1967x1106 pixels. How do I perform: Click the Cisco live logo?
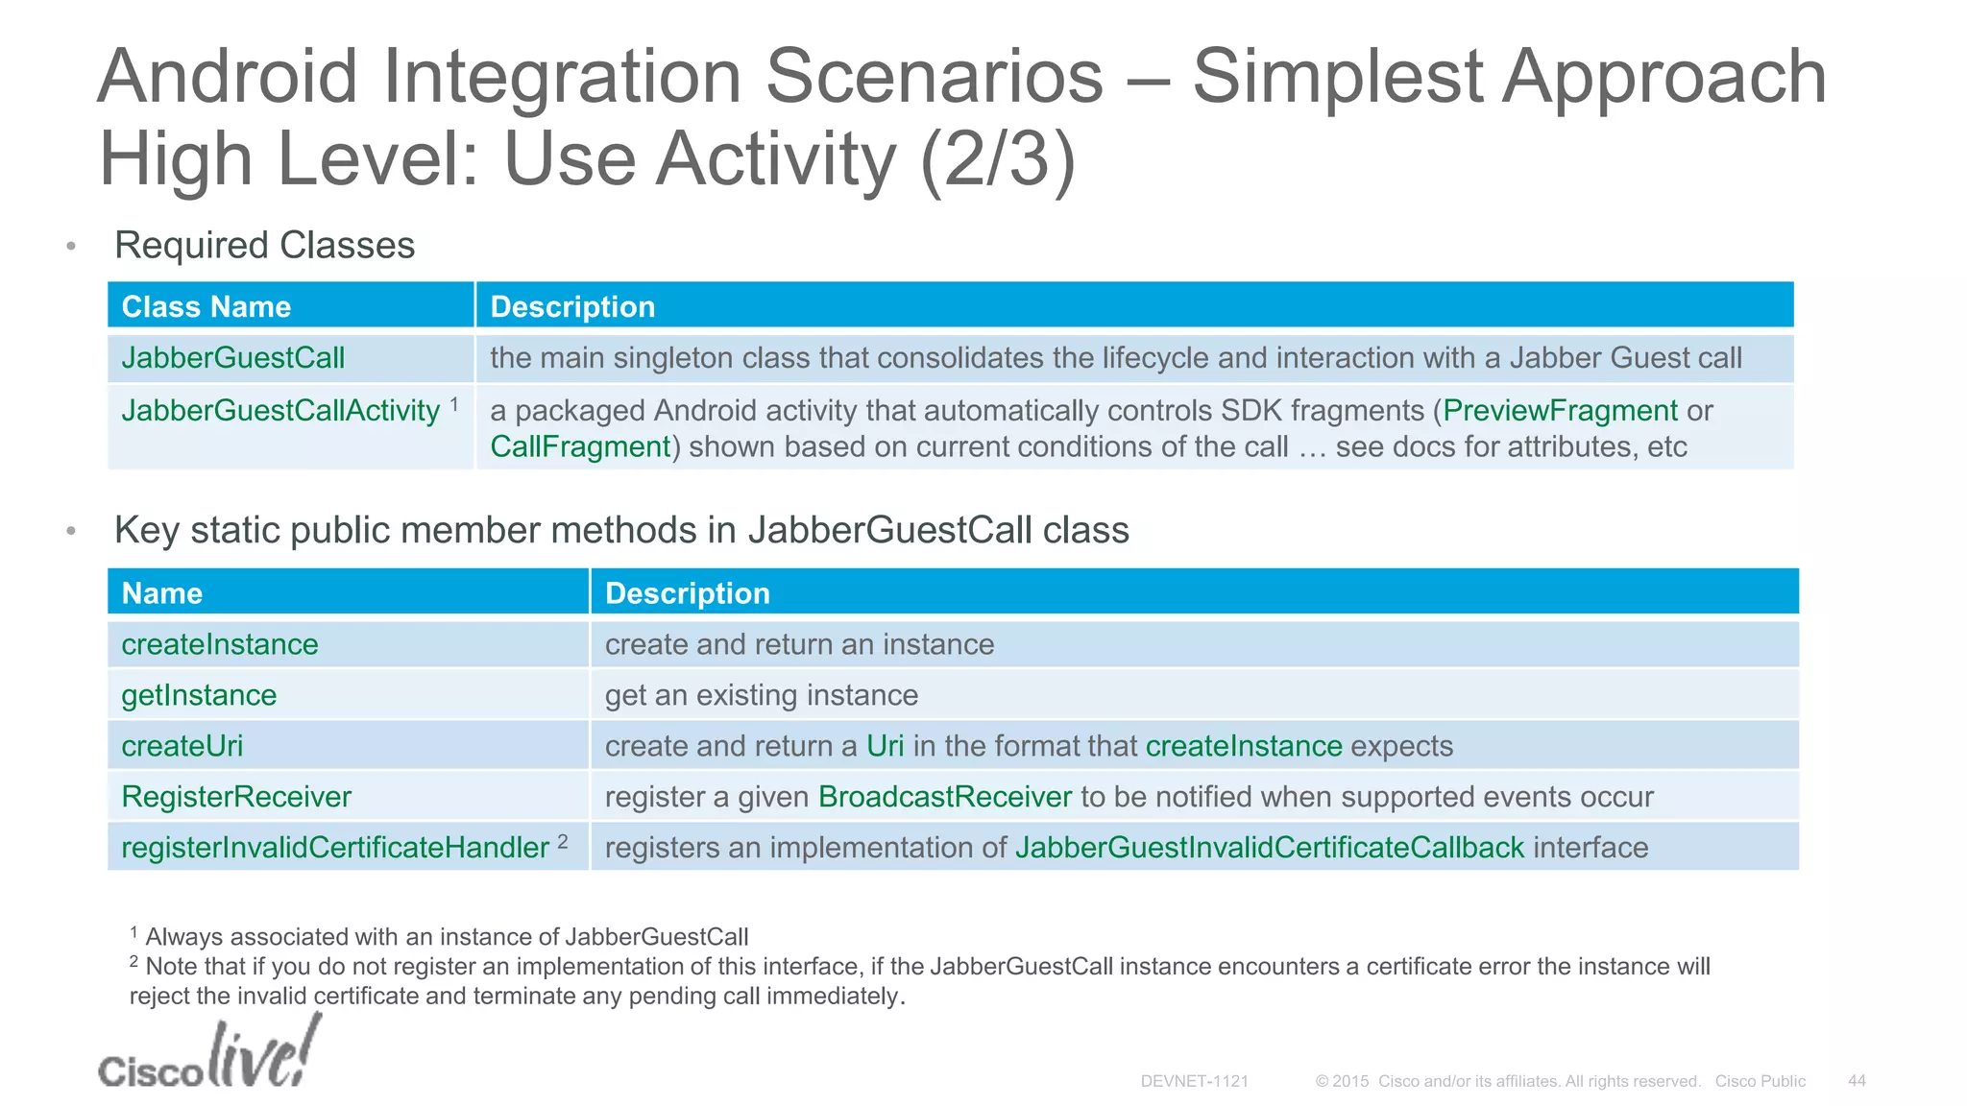pyautogui.click(x=208, y=1056)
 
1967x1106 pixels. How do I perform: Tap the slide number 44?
pyautogui.click(x=1857, y=1081)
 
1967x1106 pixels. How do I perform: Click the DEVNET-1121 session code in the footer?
pyautogui.click(x=1194, y=1081)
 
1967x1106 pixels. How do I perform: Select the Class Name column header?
pyautogui.click(x=206, y=306)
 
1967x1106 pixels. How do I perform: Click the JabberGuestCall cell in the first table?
pyautogui.click(x=233, y=358)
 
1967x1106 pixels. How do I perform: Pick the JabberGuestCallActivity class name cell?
pyautogui.click(x=280, y=411)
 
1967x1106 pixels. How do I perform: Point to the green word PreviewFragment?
pyautogui.click(x=1560, y=411)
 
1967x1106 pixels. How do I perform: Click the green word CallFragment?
pyautogui.click(x=580, y=447)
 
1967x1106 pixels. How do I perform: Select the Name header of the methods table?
pyautogui.click(x=162, y=593)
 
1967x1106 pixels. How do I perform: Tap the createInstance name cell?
pyautogui.click(x=220, y=644)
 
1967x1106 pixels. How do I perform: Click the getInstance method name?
pyautogui.click(x=199, y=695)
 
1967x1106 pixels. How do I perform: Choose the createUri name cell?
pyautogui.click(x=182, y=746)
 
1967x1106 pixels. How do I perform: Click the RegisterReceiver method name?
pyautogui.click(x=236, y=797)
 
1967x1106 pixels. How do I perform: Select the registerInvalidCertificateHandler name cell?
pyautogui.click(x=335, y=848)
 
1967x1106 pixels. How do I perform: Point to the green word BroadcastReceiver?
pyautogui.click(x=945, y=797)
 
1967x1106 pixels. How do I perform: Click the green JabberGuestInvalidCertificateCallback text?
pyautogui.click(x=1269, y=848)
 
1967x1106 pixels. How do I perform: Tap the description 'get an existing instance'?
pyautogui.click(x=761, y=695)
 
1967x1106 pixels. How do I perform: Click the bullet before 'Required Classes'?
pyautogui.click(x=71, y=247)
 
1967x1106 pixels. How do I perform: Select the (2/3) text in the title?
pyautogui.click(x=997, y=159)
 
